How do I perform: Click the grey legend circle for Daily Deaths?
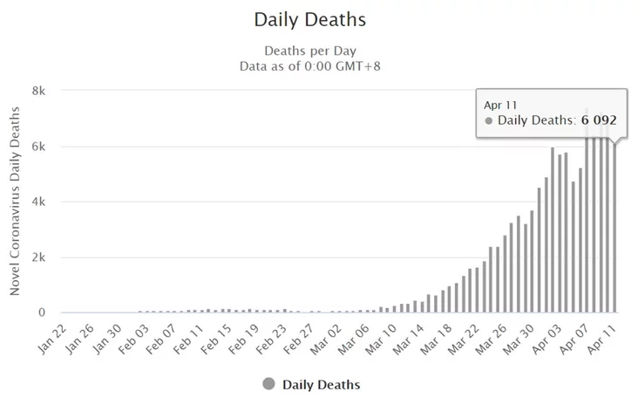click(x=268, y=384)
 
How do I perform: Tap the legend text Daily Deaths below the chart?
click(x=321, y=384)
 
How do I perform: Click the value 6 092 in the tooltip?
click(x=604, y=120)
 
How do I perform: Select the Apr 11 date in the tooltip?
click(x=501, y=104)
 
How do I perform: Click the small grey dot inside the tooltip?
click(x=489, y=121)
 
